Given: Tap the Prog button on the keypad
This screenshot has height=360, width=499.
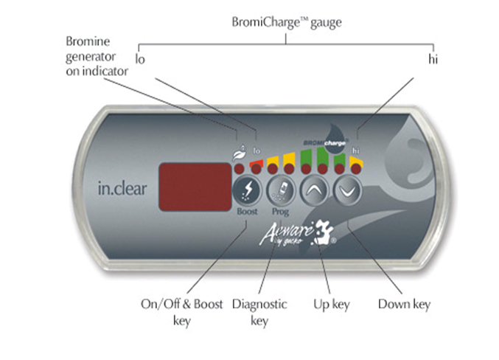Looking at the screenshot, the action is pyautogui.click(x=281, y=191).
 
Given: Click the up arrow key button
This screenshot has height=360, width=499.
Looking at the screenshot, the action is pyautogui.click(x=314, y=191).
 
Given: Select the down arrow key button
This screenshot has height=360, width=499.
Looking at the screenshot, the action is pyautogui.click(x=347, y=191).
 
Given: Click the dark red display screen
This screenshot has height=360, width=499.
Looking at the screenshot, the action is pyautogui.click(x=195, y=187).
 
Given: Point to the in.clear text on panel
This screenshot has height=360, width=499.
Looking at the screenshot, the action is pyautogui.click(x=122, y=189).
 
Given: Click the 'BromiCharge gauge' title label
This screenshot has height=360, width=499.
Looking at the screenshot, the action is pyautogui.click(x=287, y=23).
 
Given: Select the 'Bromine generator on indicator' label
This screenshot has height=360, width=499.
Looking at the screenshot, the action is pyautogui.click(x=97, y=56).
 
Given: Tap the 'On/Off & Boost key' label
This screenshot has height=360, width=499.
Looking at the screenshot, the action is pyautogui.click(x=182, y=312).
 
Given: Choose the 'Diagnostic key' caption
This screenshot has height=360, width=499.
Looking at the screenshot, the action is pyautogui.click(x=259, y=312).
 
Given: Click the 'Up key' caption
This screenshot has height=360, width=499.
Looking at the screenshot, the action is pyautogui.click(x=332, y=305).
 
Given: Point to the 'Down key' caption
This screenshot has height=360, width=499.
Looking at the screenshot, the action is pyautogui.click(x=404, y=305).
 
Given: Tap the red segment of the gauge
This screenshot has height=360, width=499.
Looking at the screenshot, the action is pyautogui.click(x=257, y=162).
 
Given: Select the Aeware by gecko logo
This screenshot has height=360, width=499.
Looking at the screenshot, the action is pyautogui.click(x=297, y=234).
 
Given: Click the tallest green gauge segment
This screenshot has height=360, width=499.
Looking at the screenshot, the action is pyautogui.click(x=323, y=156).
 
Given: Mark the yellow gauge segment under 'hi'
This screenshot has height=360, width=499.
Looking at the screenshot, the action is pyautogui.click(x=357, y=161).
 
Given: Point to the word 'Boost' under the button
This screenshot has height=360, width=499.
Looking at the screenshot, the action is pyautogui.click(x=247, y=212).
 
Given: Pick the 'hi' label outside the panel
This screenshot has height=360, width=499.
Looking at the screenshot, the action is pyautogui.click(x=433, y=59).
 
